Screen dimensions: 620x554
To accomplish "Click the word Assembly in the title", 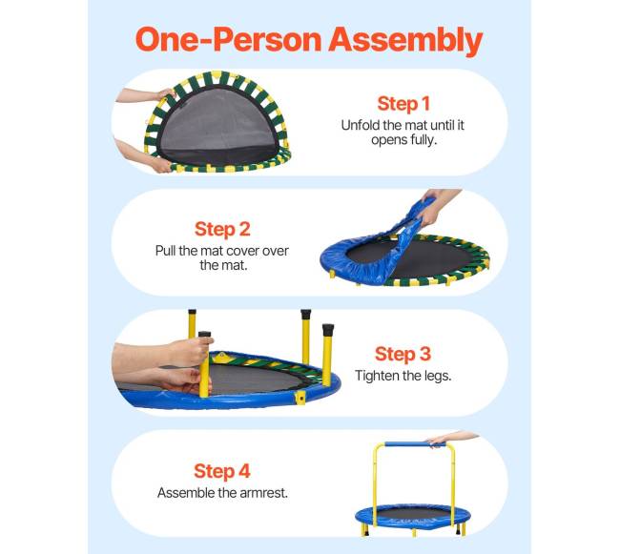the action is pyautogui.click(x=405, y=41).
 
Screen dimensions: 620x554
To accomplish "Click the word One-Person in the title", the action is pyautogui.click(x=228, y=39).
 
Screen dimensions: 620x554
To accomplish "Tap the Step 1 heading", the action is pyautogui.click(x=403, y=104).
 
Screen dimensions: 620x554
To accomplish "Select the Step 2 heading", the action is pyautogui.click(x=222, y=229).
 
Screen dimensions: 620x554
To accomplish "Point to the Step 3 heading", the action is pyautogui.click(x=403, y=354).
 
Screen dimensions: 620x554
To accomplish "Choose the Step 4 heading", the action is pyautogui.click(x=222, y=471).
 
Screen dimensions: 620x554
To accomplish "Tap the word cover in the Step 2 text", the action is pyautogui.click(x=243, y=251).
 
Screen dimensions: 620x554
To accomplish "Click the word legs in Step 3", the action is pyautogui.click(x=437, y=377).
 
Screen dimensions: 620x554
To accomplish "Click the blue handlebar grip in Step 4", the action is pyautogui.click(x=408, y=444).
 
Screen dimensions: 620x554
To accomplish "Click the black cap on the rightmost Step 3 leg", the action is pyautogui.click(x=328, y=330).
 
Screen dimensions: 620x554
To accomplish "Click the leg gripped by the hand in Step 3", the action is pyautogui.click(x=204, y=364).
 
